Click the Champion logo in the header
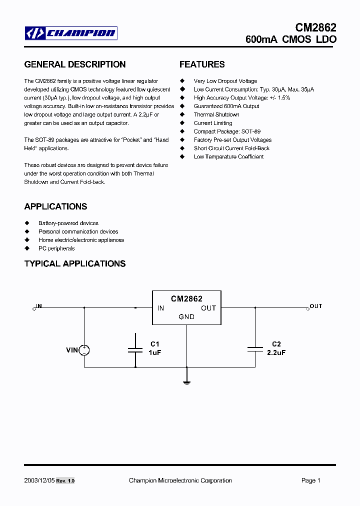(x=71, y=33)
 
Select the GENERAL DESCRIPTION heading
(x=75, y=64)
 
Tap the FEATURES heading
(x=202, y=64)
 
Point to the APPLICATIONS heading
(x=55, y=206)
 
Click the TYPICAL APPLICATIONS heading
(x=75, y=263)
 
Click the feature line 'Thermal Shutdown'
(x=216, y=114)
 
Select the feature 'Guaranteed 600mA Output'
(x=226, y=106)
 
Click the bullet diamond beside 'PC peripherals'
(x=27, y=248)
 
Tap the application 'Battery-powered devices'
(x=68, y=223)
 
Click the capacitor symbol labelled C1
(x=135, y=350)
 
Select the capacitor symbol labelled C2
(x=255, y=350)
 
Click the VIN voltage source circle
(x=84, y=350)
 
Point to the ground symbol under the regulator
(x=186, y=382)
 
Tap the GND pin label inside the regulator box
(x=186, y=316)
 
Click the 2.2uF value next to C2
(x=276, y=352)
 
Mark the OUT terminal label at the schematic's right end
(x=316, y=306)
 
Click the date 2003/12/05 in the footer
(x=39, y=480)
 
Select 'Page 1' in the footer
(x=311, y=480)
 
